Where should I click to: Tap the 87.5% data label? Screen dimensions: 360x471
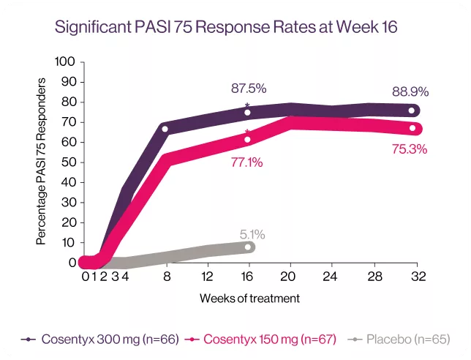pos(248,89)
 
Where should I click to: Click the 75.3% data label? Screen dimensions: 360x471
pos(409,149)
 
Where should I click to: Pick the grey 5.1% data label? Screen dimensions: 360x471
pos(252,234)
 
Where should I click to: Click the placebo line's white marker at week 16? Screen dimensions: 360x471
pos(249,247)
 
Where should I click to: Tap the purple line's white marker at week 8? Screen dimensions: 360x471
pos(165,130)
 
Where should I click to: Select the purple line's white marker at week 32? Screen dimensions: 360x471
pos(412,110)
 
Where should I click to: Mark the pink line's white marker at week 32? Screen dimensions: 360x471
pos(412,129)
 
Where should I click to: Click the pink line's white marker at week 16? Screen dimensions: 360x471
pos(248,140)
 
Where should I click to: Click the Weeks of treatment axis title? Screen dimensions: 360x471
pos(249,299)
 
